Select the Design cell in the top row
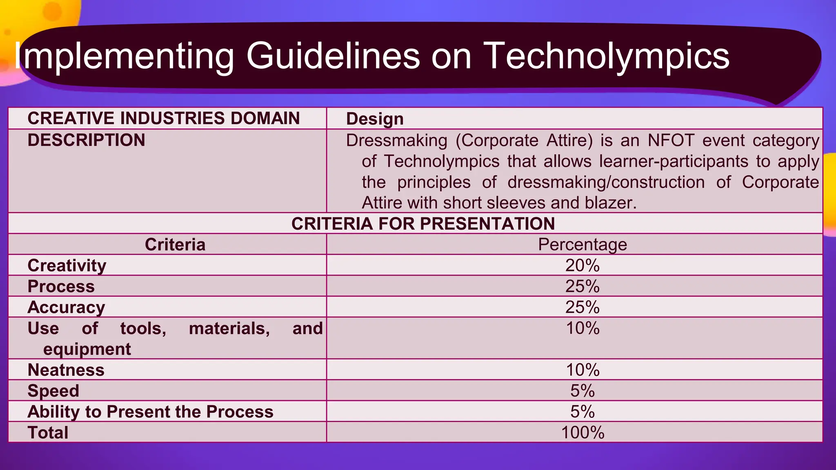click(375, 119)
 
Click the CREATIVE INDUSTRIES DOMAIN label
click(163, 118)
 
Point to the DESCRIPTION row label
click(86, 140)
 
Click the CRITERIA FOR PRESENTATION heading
click(423, 224)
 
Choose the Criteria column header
click(175, 244)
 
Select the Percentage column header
click(582, 244)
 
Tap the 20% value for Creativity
click(582, 266)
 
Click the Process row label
click(61, 286)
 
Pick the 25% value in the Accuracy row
click(582, 307)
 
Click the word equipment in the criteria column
click(87, 349)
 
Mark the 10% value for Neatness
click(582, 370)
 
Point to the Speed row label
click(53, 391)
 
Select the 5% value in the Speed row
click(582, 391)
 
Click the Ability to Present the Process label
click(150, 412)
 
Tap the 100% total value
click(582, 432)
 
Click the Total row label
click(48, 432)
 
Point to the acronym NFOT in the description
click(671, 140)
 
